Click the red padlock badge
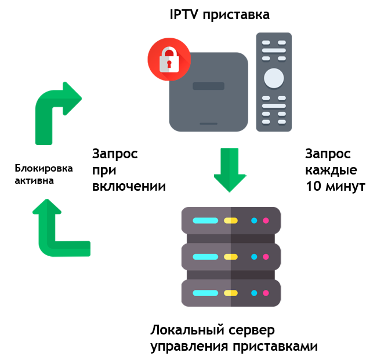pos(169,59)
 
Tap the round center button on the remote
pos(274,78)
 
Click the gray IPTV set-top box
pos(208,92)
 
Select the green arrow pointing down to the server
pos(230,170)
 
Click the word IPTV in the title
pos(184,14)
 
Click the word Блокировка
pos(43,169)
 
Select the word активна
pos(34,180)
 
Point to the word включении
pos(129,186)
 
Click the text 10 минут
pos(335,186)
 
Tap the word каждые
pos(331,170)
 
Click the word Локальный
pos(187,330)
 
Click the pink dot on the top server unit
pos(266,221)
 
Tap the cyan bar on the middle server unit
pos(205,257)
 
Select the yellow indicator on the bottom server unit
pos(231,293)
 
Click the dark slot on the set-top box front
pos(208,86)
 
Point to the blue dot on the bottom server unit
pos(254,293)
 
